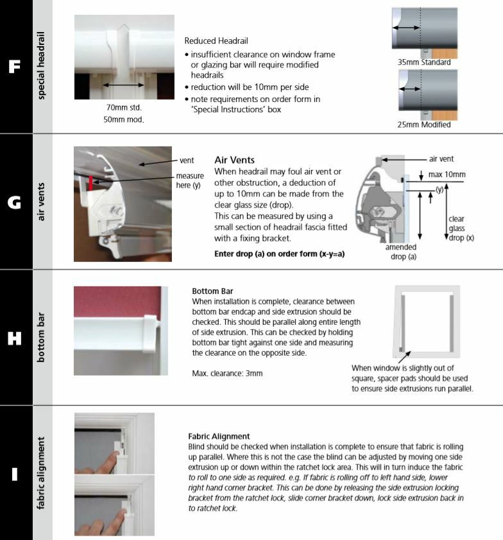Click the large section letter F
click(14, 67)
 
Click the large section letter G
click(14, 202)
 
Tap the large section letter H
click(14, 338)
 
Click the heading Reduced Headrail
click(216, 40)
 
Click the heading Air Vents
click(234, 160)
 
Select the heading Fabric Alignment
click(219, 437)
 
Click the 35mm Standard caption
click(424, 62)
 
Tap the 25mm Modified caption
click(424, 125)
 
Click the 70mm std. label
click(124, 108)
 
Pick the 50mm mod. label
click(124, 119)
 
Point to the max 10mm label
click(447, 174)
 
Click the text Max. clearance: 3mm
click(227, 373)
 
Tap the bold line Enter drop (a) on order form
click(279, 254)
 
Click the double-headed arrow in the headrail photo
click(124, 85)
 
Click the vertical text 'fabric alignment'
click(42, 474)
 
